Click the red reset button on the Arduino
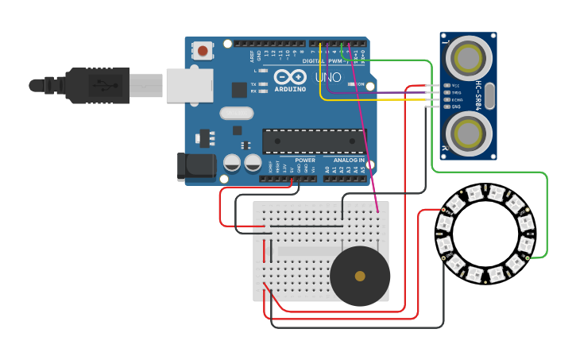click(203, 52)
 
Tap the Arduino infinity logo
click(289, 77)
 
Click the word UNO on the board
click(328, 77)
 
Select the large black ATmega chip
click(314, 141)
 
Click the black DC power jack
click(199, 165)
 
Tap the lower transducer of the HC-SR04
click(468, 132)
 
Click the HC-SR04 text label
click(479, 95)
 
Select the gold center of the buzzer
click(360, 276)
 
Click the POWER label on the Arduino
click(305, 161)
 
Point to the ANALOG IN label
click(349, 161)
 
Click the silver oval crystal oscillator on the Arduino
click(236, 114)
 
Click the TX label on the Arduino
click(253, 83)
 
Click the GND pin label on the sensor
click(456, 106)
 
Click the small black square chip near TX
click(239, 90)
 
